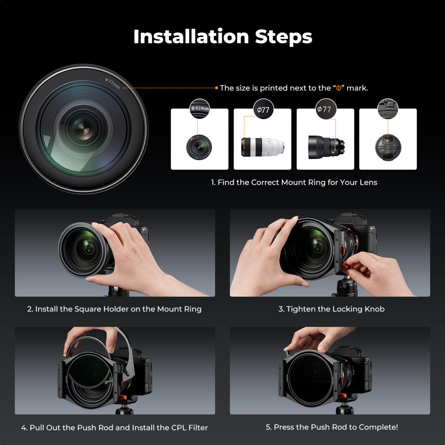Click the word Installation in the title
191,36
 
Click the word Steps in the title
283,36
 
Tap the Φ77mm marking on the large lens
113,84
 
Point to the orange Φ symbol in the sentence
338,88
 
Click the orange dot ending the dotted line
217,88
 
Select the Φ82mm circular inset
200,109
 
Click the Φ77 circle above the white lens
263,109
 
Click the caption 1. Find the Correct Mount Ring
294,182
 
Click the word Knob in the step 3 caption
374,309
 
